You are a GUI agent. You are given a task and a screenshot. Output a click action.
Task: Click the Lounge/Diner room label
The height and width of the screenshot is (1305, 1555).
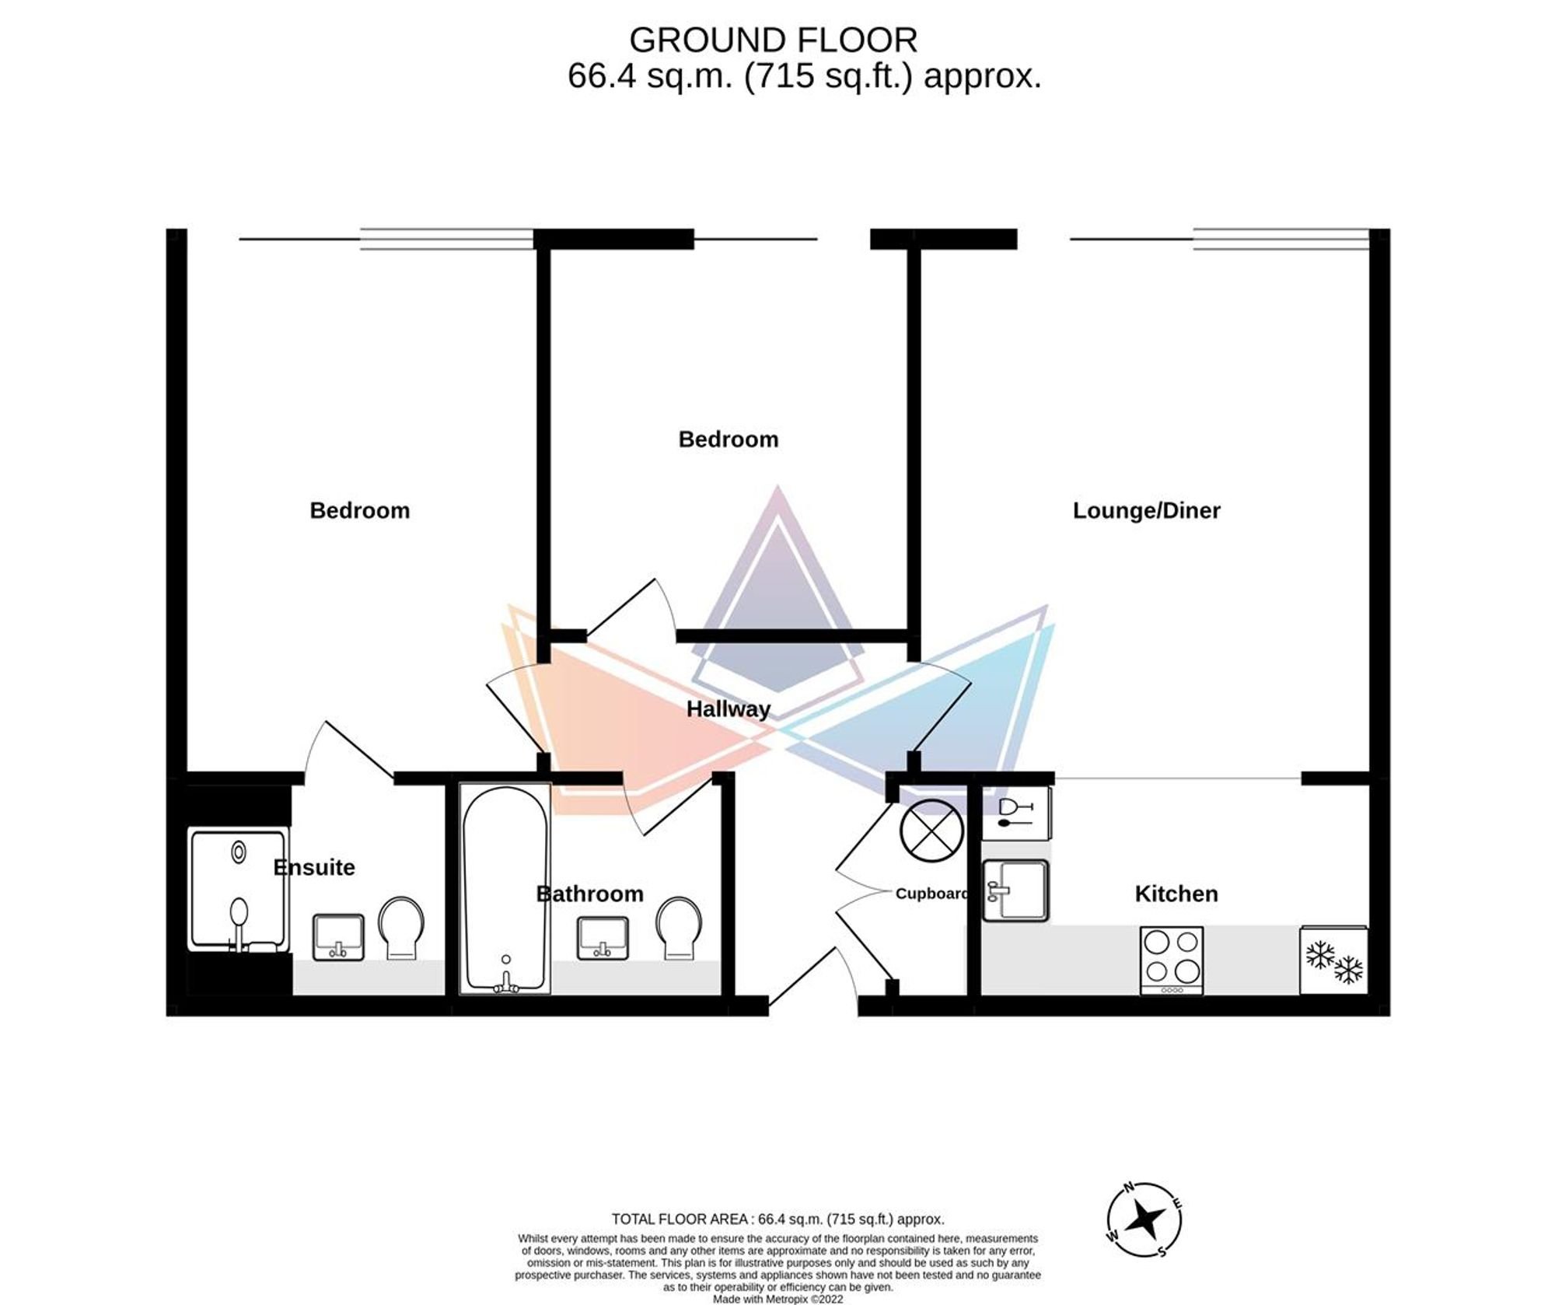1146,510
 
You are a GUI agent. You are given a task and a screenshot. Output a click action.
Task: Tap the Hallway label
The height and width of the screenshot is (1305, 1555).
728,708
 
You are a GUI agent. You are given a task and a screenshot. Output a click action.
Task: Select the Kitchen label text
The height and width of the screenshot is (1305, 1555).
1176,894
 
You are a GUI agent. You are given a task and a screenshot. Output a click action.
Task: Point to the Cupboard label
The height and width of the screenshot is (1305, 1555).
931,894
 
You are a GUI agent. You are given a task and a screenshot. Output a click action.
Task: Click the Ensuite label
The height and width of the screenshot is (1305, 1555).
314,867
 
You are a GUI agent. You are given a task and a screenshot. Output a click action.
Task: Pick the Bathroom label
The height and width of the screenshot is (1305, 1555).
590,894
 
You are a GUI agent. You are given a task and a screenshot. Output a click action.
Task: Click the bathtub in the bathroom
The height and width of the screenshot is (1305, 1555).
505,888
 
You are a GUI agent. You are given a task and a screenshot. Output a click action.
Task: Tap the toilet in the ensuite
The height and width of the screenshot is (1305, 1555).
400,928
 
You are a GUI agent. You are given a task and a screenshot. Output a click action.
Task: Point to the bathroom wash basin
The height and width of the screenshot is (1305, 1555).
602,937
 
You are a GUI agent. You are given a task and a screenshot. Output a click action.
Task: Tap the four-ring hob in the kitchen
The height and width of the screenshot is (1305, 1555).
1172,960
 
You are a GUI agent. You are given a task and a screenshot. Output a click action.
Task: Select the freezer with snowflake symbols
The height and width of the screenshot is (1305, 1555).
1333,960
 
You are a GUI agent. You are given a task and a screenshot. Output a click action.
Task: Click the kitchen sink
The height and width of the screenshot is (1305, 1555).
1015,890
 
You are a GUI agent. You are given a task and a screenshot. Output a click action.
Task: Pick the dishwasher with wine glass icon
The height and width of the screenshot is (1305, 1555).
1016,813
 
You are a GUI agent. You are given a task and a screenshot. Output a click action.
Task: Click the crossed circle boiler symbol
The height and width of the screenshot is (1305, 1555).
932,831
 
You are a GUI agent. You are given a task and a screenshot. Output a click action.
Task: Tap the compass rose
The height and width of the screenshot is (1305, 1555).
1144,1219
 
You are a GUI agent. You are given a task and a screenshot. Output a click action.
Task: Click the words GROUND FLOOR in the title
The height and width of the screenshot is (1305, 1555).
773,40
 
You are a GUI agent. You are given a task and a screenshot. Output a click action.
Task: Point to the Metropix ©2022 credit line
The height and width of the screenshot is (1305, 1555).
777,1299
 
